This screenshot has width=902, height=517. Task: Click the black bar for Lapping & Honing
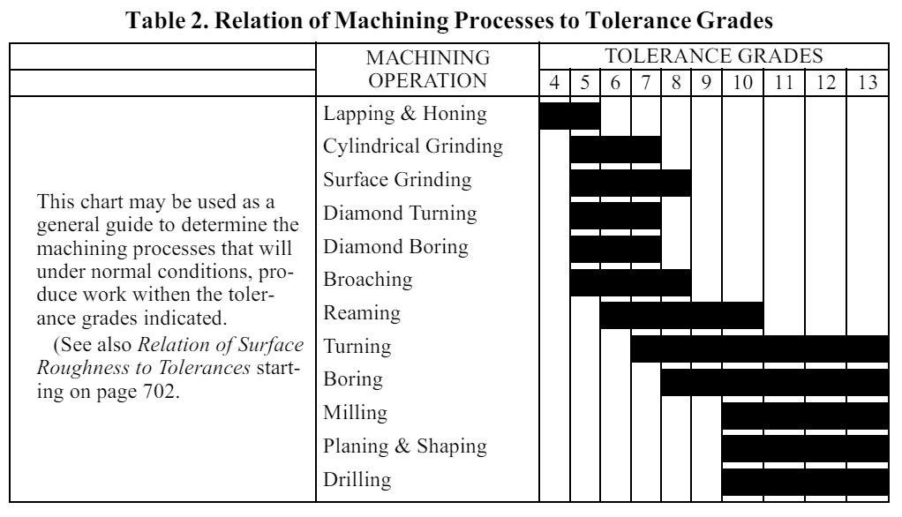click(569, 116)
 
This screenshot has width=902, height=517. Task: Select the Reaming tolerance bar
click(681, 315)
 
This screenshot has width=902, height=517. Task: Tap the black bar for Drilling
click(805, 482)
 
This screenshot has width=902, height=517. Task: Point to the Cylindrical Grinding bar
click(615, 149)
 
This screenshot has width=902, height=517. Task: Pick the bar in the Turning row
click(760, 348)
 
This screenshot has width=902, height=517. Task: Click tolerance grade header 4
click(554, 83)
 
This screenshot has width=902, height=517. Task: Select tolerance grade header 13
click(868, 83)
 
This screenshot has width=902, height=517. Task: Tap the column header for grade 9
click(706, 83)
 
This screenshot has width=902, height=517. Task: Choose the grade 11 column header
click(784, 83)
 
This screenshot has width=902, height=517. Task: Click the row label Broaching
click(367, 280)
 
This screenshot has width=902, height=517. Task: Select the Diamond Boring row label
click(395, 247)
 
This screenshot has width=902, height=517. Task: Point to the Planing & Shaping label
click(405, 446)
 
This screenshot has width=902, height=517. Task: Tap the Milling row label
click(356, 413)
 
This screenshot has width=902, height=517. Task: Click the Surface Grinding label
click(397, 180)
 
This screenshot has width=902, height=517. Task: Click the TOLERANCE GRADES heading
click(713, 56)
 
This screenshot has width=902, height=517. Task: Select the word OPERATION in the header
click(427, 80)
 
